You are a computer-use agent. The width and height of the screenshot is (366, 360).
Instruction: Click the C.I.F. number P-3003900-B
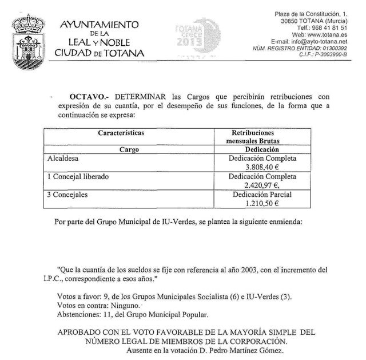click(x=331, y=54)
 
